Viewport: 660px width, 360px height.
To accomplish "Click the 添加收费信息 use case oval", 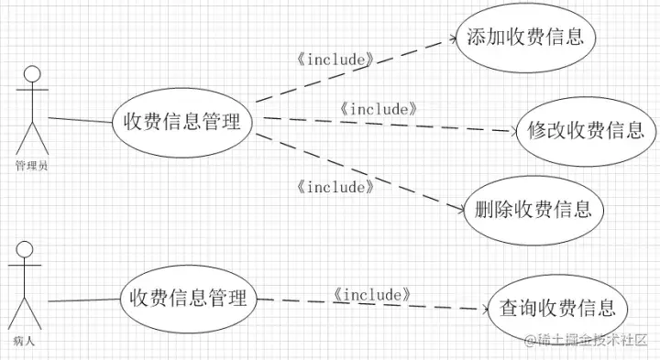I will coord(526,38).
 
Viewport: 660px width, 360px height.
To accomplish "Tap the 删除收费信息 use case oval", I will coord(534,208).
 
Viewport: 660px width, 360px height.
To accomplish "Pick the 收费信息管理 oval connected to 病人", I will coord(189,298).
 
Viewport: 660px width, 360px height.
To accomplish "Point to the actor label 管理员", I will coord(32,166).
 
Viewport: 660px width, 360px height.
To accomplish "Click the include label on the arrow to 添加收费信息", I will coord(336,60).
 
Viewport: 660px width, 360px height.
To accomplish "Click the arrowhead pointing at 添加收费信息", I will coord(450,38).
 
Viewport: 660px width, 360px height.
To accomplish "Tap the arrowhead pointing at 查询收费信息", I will coord(478,309).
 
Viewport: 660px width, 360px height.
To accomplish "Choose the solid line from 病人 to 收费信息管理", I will coord(83,300).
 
